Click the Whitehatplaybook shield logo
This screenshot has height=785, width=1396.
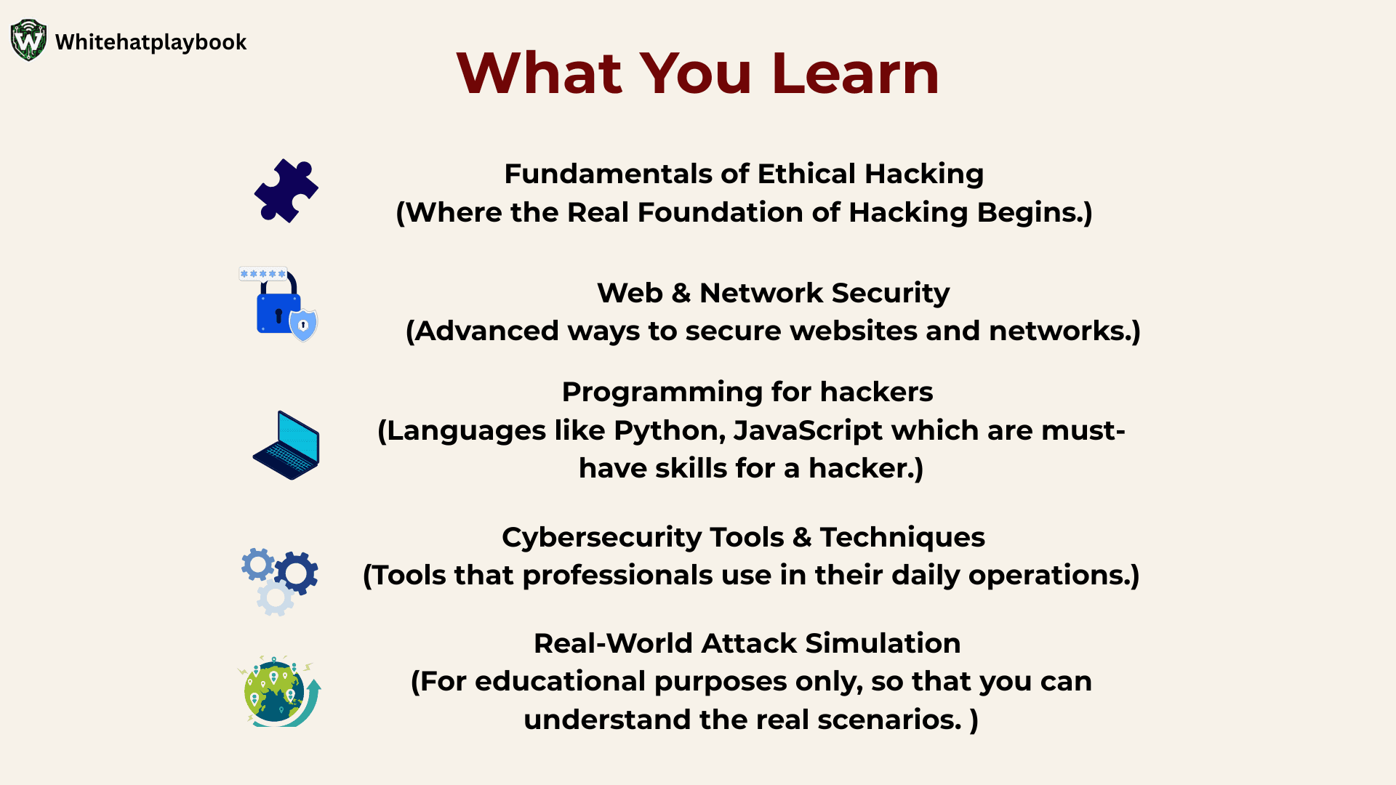pos(29,41)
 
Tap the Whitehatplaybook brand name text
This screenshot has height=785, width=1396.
pos(151,42)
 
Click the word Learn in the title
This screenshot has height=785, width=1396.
pos(856,73)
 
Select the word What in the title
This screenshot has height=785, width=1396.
pos(539,73)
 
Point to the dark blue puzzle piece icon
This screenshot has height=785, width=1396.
pos(286,190)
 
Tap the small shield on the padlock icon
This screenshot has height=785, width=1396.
pos(304,325)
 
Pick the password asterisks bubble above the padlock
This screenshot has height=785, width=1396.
pos(263,274)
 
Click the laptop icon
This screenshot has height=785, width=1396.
pos(286,445)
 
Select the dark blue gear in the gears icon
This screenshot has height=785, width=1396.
pos(297,573)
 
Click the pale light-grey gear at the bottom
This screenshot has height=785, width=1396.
pos(276,597)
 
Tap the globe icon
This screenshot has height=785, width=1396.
pos(278,691)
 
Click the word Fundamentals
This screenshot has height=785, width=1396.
pos(608,174)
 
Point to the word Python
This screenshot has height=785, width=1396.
pos(669,431)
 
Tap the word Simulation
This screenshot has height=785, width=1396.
pos(883,643)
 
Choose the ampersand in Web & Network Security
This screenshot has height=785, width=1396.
pos(681,293)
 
